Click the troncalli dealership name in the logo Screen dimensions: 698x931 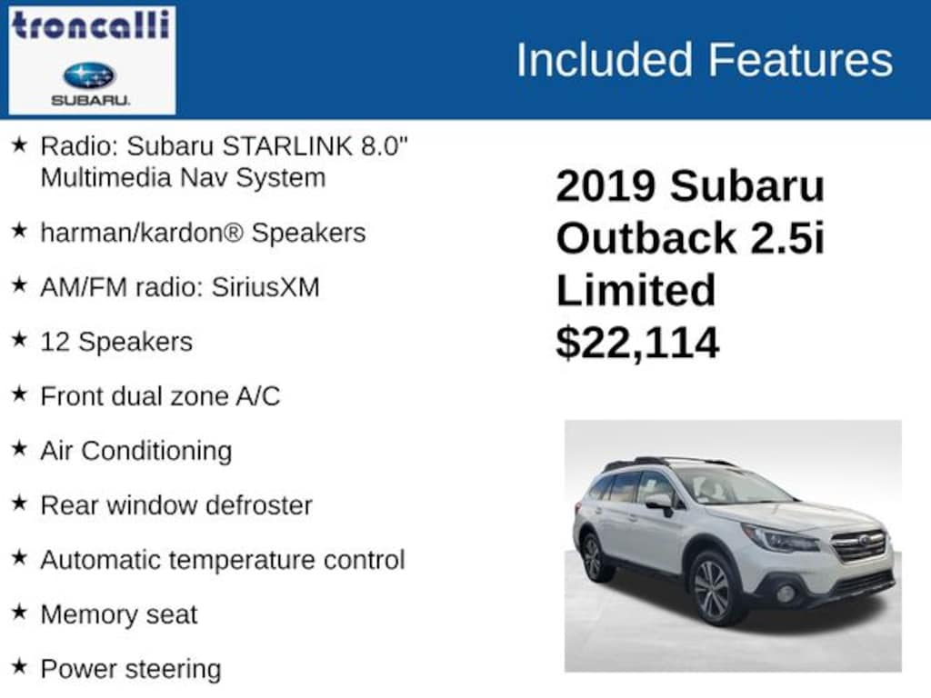tap(91, 25)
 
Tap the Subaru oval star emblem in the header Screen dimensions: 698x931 tap(89, 75)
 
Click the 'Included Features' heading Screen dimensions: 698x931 tap(704, 60)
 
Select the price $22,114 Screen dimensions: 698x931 tap(637, 343)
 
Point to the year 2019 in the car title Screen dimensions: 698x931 tap(606, 186)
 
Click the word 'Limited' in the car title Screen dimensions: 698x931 tap(636, 291)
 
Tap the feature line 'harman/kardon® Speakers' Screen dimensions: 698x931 tap(203, 233)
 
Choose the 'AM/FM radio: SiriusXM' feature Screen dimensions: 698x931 tap(179, 287)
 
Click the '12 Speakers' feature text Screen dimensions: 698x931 tap(116, 342)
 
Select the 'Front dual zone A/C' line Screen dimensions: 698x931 tap(160, 396)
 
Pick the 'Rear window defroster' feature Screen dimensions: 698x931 tap(175, 505)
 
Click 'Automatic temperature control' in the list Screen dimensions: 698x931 tap(222, 560)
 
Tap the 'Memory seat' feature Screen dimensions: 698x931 tap(118, 614)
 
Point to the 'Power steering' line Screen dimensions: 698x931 tap(130, 669)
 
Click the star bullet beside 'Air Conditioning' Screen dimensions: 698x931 tap(19, 449)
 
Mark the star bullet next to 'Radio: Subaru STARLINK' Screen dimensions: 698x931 tap(19, 145)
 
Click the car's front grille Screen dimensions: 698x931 tap(858, 546)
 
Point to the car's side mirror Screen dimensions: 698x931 tap(658, 502)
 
